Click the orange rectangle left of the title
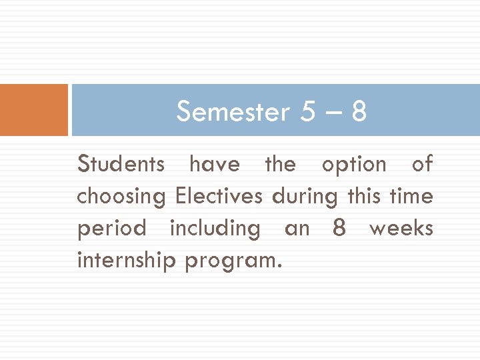[34, 110]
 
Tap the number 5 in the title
[308, 112]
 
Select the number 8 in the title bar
[359, 112]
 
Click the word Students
[121, 164]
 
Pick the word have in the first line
[214, 164]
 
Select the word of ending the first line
[422, 164]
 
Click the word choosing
[121, 197]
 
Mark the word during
[307, 196]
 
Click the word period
[111, 229]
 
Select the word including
[215, 229]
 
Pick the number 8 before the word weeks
[339, 228]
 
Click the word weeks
[401, 228]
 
